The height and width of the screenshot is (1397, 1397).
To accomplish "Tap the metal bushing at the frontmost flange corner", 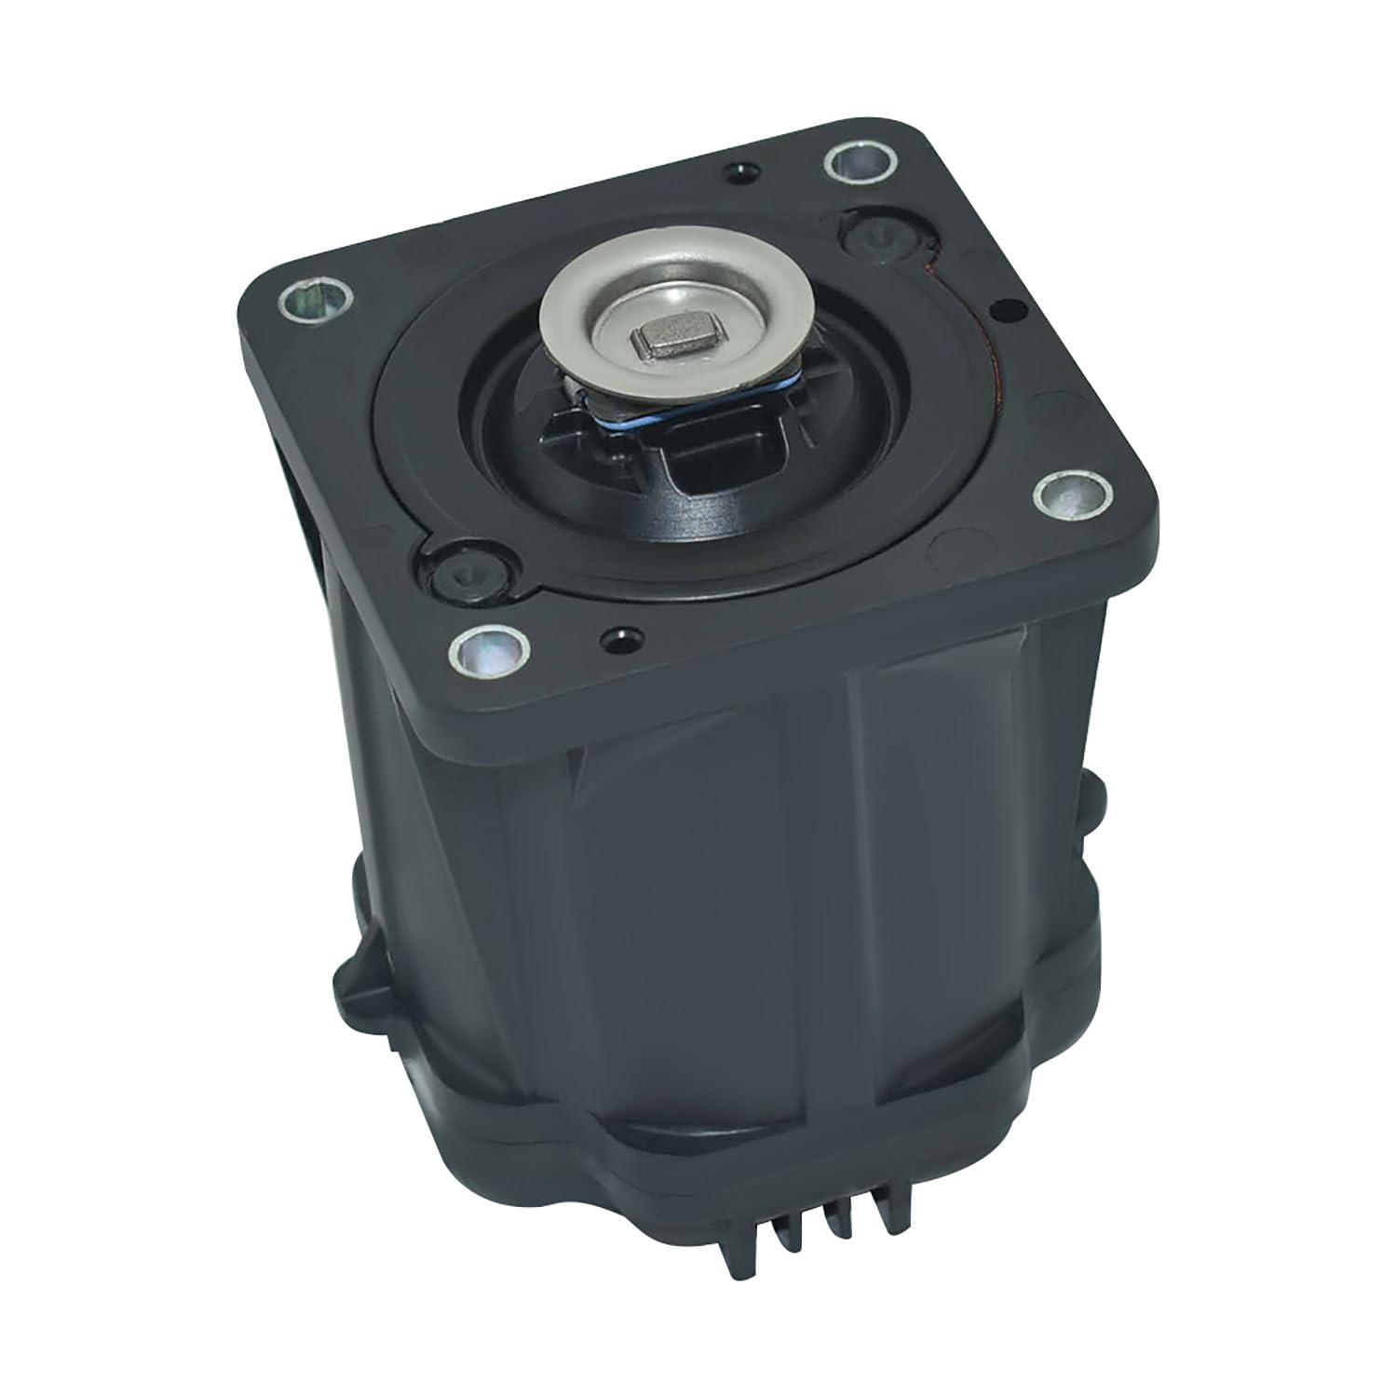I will [485, 649].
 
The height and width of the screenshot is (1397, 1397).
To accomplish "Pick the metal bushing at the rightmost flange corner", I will [1073, 494].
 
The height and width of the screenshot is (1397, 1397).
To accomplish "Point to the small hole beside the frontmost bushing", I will [615, 639].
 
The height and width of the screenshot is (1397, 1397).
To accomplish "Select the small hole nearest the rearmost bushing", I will [741, 171].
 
